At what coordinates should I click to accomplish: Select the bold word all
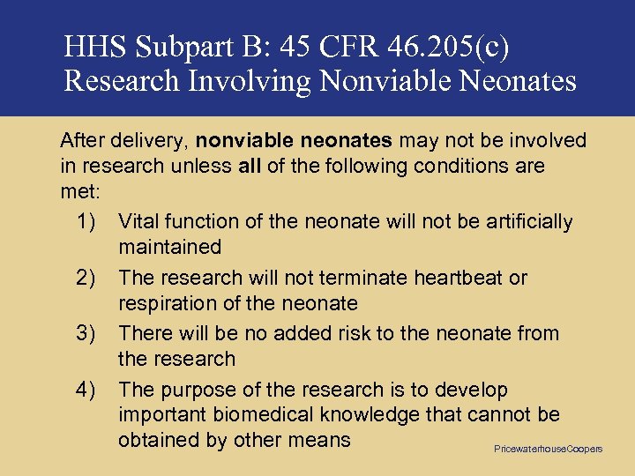[x=250, y=166]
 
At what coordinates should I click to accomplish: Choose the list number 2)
[x=85, y=278]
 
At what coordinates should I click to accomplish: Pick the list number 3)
[x=85, y=333]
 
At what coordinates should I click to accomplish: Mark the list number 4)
[x=85, y=390]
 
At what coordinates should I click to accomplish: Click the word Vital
[x=139, y=221]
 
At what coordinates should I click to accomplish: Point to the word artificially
[x=525, y=221]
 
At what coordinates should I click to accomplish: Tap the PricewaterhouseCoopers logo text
[x=548, y=449]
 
